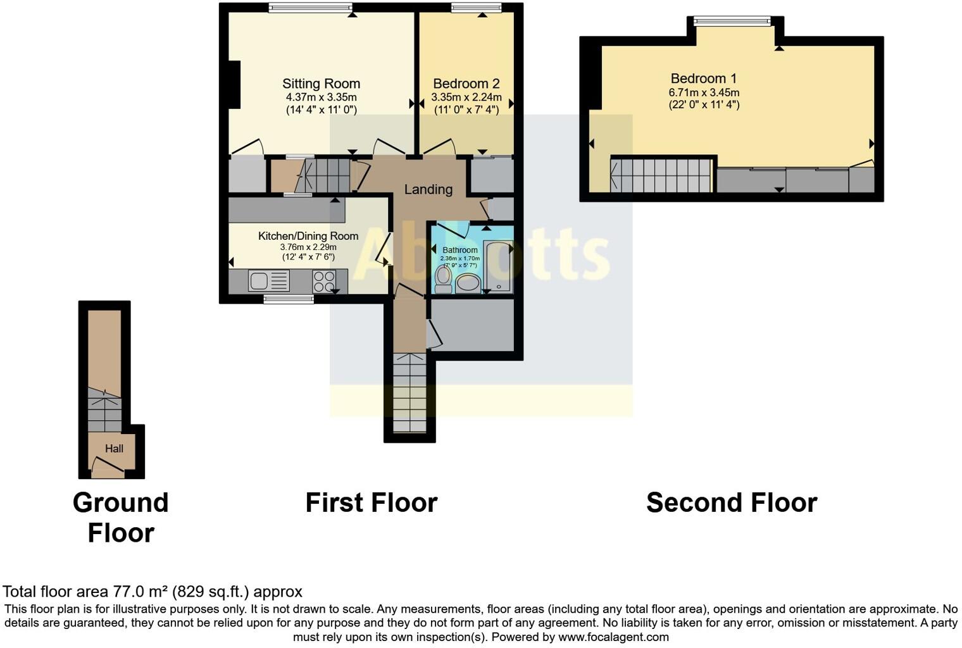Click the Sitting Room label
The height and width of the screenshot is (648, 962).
321,84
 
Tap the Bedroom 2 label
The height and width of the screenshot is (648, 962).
466,84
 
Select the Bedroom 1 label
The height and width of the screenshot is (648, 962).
703,78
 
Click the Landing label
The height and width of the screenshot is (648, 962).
428,189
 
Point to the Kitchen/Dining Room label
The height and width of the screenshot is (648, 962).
308,236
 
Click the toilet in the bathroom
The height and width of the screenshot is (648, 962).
443,279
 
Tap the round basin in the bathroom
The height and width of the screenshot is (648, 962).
468,283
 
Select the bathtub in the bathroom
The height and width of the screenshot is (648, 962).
498,266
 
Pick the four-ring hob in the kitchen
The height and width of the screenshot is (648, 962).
324,281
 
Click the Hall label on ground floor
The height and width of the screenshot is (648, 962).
114,449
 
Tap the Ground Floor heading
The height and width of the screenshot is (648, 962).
120,518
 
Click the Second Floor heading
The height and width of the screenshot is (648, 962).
732,503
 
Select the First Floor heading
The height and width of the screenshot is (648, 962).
372,503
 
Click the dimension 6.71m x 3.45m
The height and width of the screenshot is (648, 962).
704,92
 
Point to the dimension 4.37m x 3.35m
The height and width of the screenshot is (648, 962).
321,97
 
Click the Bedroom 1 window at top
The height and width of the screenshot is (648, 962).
732,22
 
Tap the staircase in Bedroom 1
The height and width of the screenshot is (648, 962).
661,175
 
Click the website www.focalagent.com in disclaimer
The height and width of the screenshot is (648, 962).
613,637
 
